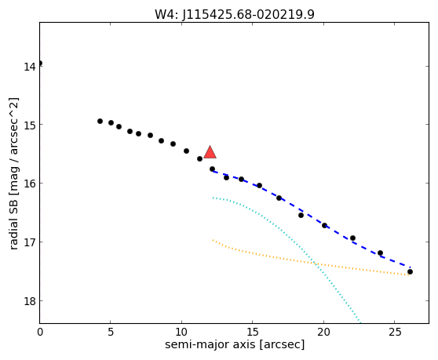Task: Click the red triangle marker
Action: pos(210,152)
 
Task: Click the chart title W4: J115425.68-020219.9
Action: pos(235,14)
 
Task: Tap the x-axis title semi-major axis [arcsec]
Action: pos(235,344)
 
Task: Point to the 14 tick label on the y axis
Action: pos(29,67)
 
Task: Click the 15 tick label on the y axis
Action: pos(29,125)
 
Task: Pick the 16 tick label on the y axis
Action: pos(29,184)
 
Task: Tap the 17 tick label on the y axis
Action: pos(29,242)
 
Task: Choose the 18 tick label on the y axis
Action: pos(29,301)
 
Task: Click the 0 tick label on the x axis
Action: pos(40,332)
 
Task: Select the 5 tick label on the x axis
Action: pos(111,332)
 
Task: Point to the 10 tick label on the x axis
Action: pos(181,332)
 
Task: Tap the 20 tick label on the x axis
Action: pos(323,332)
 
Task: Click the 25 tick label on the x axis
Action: pos(394,332)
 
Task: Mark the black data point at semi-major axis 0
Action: pos(40,63)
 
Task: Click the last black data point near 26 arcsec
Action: pos(410,272)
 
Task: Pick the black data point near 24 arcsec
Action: pos(380,253)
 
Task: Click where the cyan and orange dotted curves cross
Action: pos(315,264)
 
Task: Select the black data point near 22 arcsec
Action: pos(352,238)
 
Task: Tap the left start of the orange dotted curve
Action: pos(213,240)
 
